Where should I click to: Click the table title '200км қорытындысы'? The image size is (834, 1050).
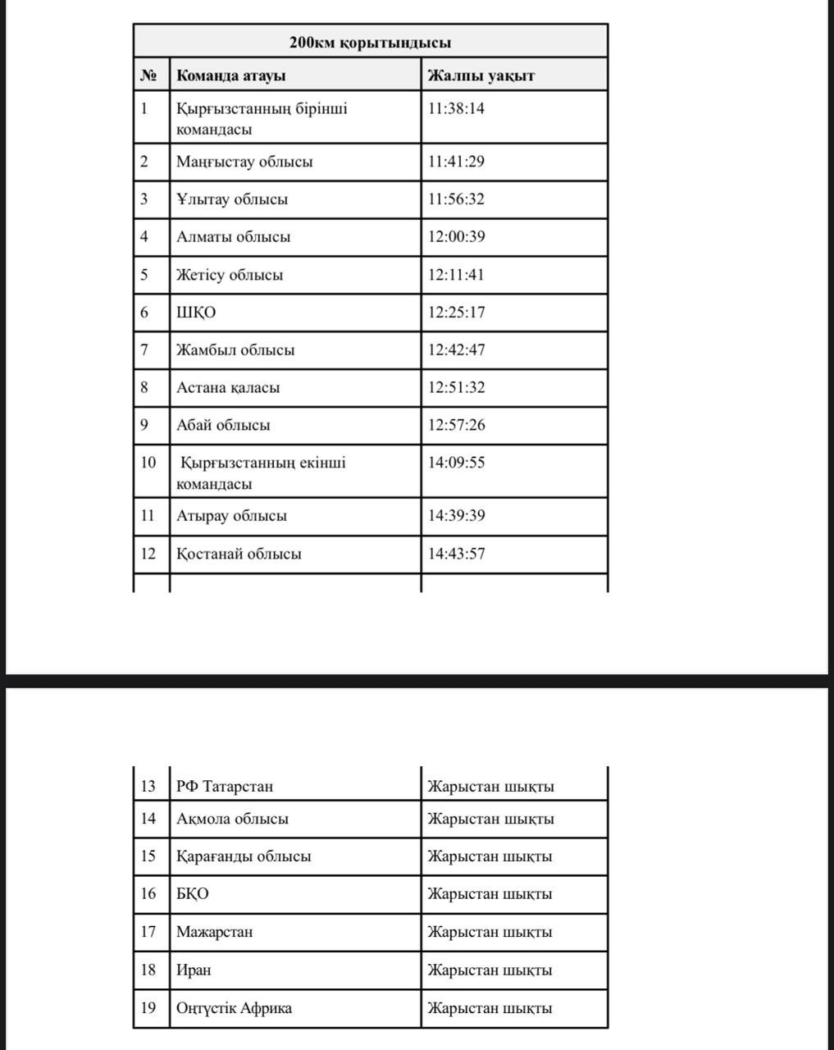pos(370,43)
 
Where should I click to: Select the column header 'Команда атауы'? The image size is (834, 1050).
pos(231,75)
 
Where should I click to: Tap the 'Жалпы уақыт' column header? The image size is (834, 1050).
pos(481,75)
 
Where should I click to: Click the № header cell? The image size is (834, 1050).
pos(148,75)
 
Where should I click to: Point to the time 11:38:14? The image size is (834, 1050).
pos(456,108)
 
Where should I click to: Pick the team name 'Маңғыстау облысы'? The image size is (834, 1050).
pos(244,162)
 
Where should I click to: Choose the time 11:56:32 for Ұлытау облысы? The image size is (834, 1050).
pos(456,199)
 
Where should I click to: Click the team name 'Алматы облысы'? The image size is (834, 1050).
pos(233,237)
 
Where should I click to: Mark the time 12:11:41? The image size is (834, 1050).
pos(456,275)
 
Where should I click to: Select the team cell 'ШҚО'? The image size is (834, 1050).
pos(197,313)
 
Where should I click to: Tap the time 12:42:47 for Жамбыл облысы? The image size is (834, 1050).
pos(456,350)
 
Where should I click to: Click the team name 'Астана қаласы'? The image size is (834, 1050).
pos(228,388)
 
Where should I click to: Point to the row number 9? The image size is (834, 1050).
pos(144,425)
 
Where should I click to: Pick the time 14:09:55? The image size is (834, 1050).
pos(456,463)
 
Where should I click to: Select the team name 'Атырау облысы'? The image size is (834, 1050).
pos(231,516)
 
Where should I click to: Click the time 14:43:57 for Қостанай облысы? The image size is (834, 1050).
pos(456,554)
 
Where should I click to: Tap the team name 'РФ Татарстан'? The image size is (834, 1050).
pos(225,786)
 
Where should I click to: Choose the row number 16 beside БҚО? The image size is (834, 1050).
pos(148,893)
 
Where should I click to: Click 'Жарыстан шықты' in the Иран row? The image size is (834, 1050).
pos(490,970)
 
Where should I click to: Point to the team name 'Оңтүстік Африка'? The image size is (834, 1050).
pos(234,1008)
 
